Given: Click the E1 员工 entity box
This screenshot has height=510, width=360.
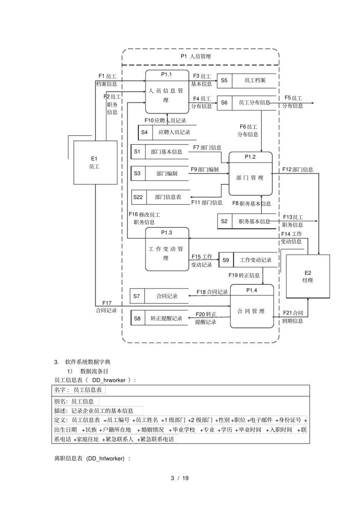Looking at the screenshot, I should pyautogui.click(x=95, y=163).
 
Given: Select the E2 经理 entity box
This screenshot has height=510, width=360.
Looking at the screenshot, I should pyautogui.click(x=308, y=276).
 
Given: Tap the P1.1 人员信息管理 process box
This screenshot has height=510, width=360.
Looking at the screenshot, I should pyautogui.click(x=167, y=92).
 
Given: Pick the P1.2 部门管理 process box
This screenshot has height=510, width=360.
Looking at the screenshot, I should pyautogui.click(x=250, y=174).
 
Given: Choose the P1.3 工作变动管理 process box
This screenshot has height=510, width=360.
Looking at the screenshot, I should pyautogui.click(x=167, y=250).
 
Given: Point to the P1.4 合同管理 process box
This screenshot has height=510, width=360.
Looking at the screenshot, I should pyautogui.click(x=252, y=306).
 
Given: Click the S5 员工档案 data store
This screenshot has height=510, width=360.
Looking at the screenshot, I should pyautogui.click(x=247, y=81).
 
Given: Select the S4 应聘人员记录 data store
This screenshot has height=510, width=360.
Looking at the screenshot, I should pyautogui.click(x=167, y=132).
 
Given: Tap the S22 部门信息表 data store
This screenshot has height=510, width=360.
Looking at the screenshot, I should pyautogui.click(x=161, y=197).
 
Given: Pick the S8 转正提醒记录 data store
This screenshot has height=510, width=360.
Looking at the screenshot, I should pyautogui.click(x=159, y=319).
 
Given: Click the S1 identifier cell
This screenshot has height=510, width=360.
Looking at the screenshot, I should pyautogui.click(x=137, y=152).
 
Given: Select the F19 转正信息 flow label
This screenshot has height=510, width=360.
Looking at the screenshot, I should pyautogui.click(x=244, y=275).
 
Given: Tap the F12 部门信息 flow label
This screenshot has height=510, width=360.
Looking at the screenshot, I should pyautogui.click(x=297, y=169).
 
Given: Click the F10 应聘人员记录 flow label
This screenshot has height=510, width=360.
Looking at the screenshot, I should pyautogui.click(x=165, y=121).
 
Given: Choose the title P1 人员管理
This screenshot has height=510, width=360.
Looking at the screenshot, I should pyautogui.click(x=196, y=56).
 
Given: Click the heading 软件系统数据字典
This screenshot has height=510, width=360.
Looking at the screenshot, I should pyautogui.click(x=88, y=362).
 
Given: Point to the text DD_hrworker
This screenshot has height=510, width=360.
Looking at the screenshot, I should pyautogui.click(x=109, y=380).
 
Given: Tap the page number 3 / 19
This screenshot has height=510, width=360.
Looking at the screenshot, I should pyautogui.click(x=180, y=478).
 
